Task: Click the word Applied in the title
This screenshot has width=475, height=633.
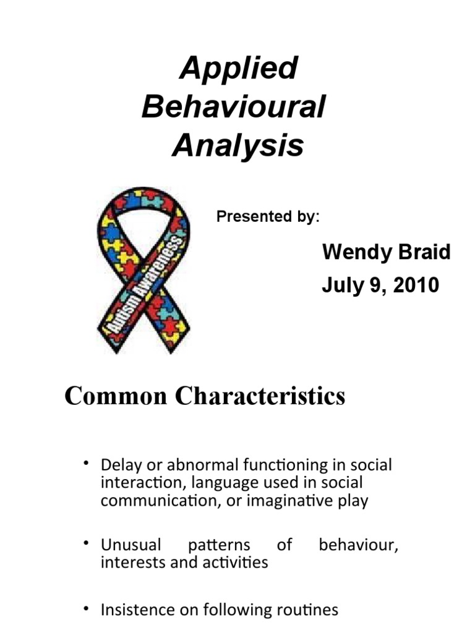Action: [x=238, y=69]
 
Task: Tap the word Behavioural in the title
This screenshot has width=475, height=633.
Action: [x=233, y=108]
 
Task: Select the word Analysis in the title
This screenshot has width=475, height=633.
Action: [x=238, y=146]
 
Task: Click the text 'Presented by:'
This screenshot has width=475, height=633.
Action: [x=268, y=217]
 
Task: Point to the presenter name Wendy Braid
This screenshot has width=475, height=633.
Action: [x=387, y=252]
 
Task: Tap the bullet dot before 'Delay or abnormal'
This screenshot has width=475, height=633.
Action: [x=87, y=464]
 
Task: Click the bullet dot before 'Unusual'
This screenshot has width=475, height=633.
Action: [x=87, y=543]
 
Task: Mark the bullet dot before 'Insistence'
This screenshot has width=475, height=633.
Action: [x=87, y=609]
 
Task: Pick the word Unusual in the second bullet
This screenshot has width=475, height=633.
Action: [x=131, y=545]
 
